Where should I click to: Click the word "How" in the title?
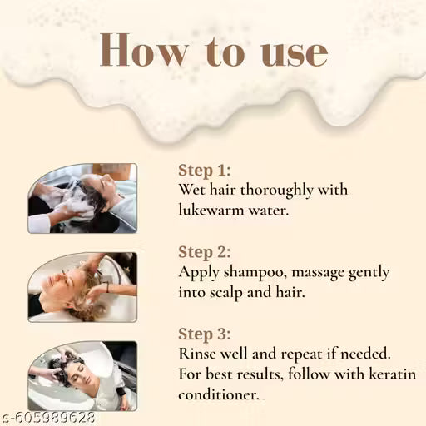(x=143, y=50)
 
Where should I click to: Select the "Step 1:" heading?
(x=205, y=171)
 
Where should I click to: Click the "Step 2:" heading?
(x=205, y=252)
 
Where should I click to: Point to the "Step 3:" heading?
(x=205, y=334)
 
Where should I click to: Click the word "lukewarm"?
(x=211, y=210)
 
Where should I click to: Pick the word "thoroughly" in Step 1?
(x=277, y=191)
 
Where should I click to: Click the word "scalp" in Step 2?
(x=226, y=293)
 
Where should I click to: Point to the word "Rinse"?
(x=199, y=354)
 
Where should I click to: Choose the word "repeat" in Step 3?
(x=301, y=355)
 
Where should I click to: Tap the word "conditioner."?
(x=219, y=395)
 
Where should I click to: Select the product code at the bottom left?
(x=48, y=419)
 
